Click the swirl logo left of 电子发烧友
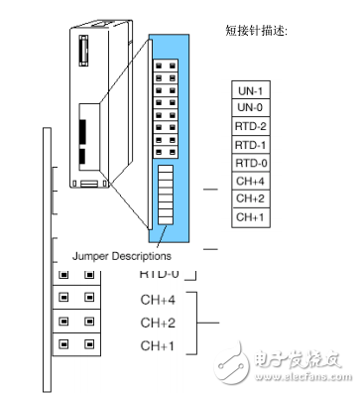pos(241,362)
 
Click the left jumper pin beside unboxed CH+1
pos(64,345)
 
